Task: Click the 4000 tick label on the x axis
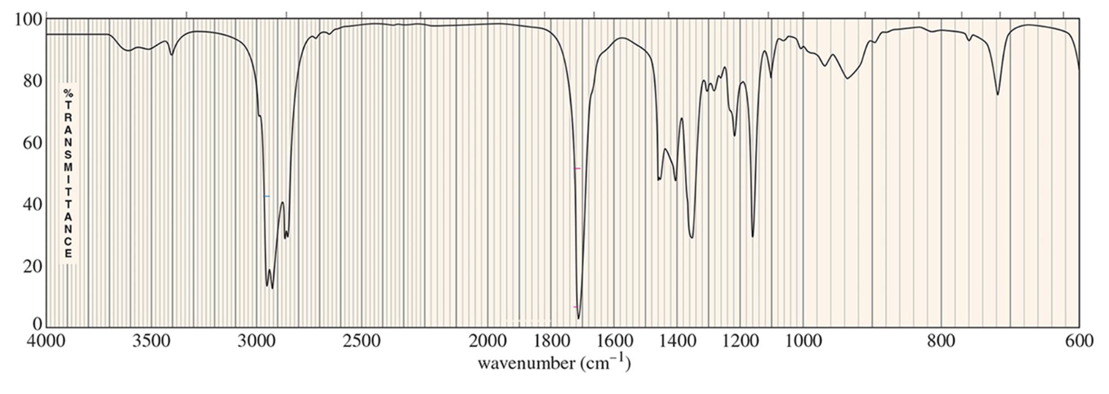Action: click(x=46, y=341)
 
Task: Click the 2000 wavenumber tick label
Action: click(x=488, y=341)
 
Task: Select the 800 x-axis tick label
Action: click(x=941, y=341)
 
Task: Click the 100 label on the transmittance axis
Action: click(x=27, y=19)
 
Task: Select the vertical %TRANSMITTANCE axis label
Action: click(x=68, y=173)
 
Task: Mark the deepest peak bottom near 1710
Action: click(x=579, y=319)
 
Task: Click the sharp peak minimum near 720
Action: click(x=997, y=95)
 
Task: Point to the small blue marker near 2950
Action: click(x=267, y=196)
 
